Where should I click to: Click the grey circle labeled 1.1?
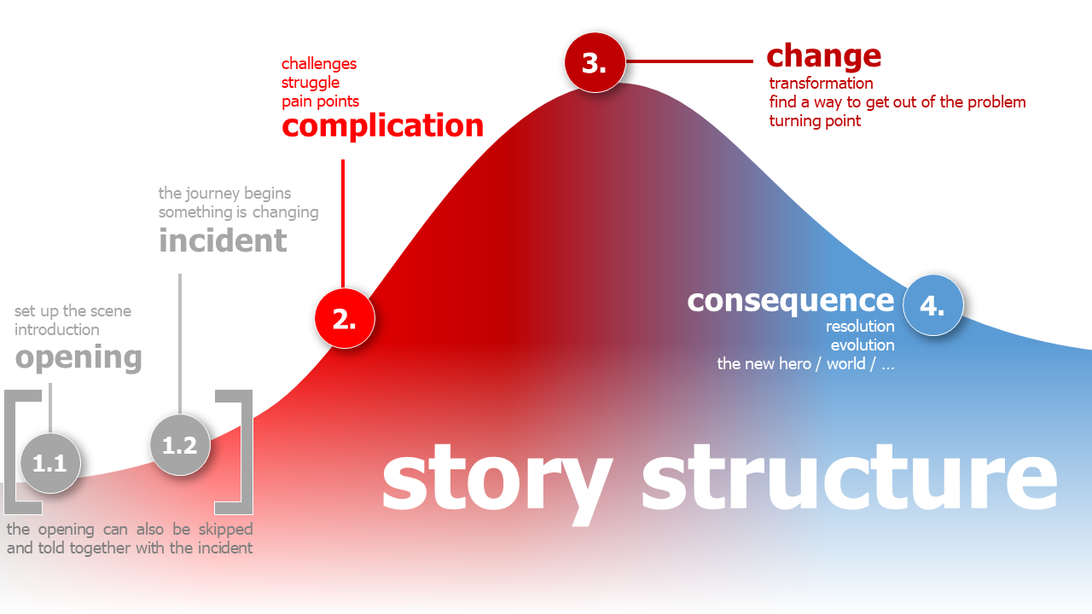point(49,463)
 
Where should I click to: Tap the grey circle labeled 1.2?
point(179,444)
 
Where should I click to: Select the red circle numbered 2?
point(344,318)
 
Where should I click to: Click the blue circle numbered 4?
point(932,305)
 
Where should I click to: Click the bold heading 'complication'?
point(382,126)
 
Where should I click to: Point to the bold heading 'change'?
point(823,56)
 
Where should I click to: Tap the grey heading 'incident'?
point(223,240)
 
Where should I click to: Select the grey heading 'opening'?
point(78,357)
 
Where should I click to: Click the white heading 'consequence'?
point(790,300)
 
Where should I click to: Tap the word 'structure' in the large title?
point(849,478)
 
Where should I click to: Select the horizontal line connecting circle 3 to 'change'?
point(689,61)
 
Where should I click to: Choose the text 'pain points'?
point(320,101)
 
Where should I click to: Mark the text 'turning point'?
point(815,121)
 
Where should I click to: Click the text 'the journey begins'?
point(224,194)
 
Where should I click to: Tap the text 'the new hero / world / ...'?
point(805,364)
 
